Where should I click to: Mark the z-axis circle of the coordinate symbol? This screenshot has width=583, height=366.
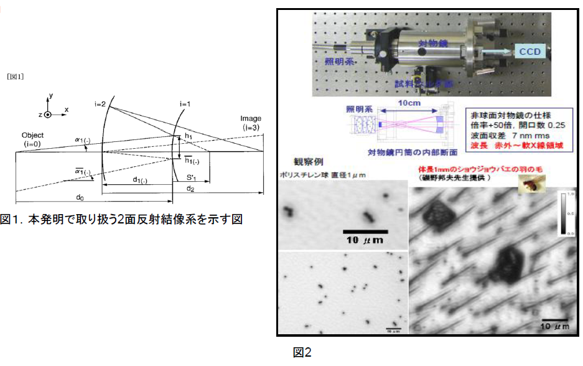point(47,115)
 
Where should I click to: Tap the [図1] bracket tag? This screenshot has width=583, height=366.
point(15,77)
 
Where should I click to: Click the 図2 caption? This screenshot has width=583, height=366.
point(302,352)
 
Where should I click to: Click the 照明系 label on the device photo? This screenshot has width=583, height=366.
point(338,62)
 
